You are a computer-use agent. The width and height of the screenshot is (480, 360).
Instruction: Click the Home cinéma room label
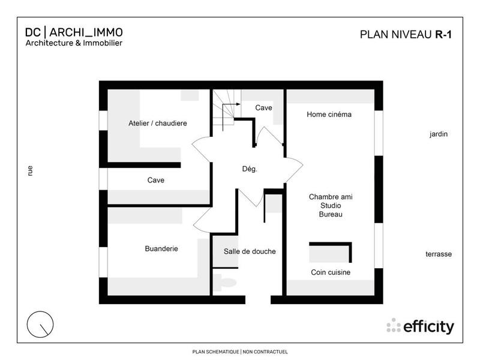click(329, 114)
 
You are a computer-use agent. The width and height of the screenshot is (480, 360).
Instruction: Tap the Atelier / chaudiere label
click(158, 123)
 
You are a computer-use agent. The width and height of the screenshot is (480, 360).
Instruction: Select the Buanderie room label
click(161, 248)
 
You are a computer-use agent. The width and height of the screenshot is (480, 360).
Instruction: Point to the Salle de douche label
click(250, 251)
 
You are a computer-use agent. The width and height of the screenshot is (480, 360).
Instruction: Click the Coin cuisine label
click(331, 272)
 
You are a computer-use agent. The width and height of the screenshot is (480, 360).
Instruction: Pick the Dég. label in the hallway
click(250, 169)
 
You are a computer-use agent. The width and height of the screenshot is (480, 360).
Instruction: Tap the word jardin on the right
click(439, 134)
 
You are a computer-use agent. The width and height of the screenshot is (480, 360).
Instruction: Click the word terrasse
click(439, 254)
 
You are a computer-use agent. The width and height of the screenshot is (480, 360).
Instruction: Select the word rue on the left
click(30, 170)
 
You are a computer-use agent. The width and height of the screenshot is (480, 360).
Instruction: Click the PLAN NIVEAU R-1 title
click(406, 34)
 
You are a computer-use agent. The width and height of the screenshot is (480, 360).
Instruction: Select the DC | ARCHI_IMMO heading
click(74, 32)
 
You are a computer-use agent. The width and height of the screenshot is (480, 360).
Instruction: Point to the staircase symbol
click(226, 109)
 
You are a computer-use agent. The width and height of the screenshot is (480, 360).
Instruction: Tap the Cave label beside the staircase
click(263, 108)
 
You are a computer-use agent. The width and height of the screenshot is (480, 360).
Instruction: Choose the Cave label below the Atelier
click(156, 180)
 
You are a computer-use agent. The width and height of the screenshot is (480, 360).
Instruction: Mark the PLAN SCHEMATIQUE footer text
click(239, 352)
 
